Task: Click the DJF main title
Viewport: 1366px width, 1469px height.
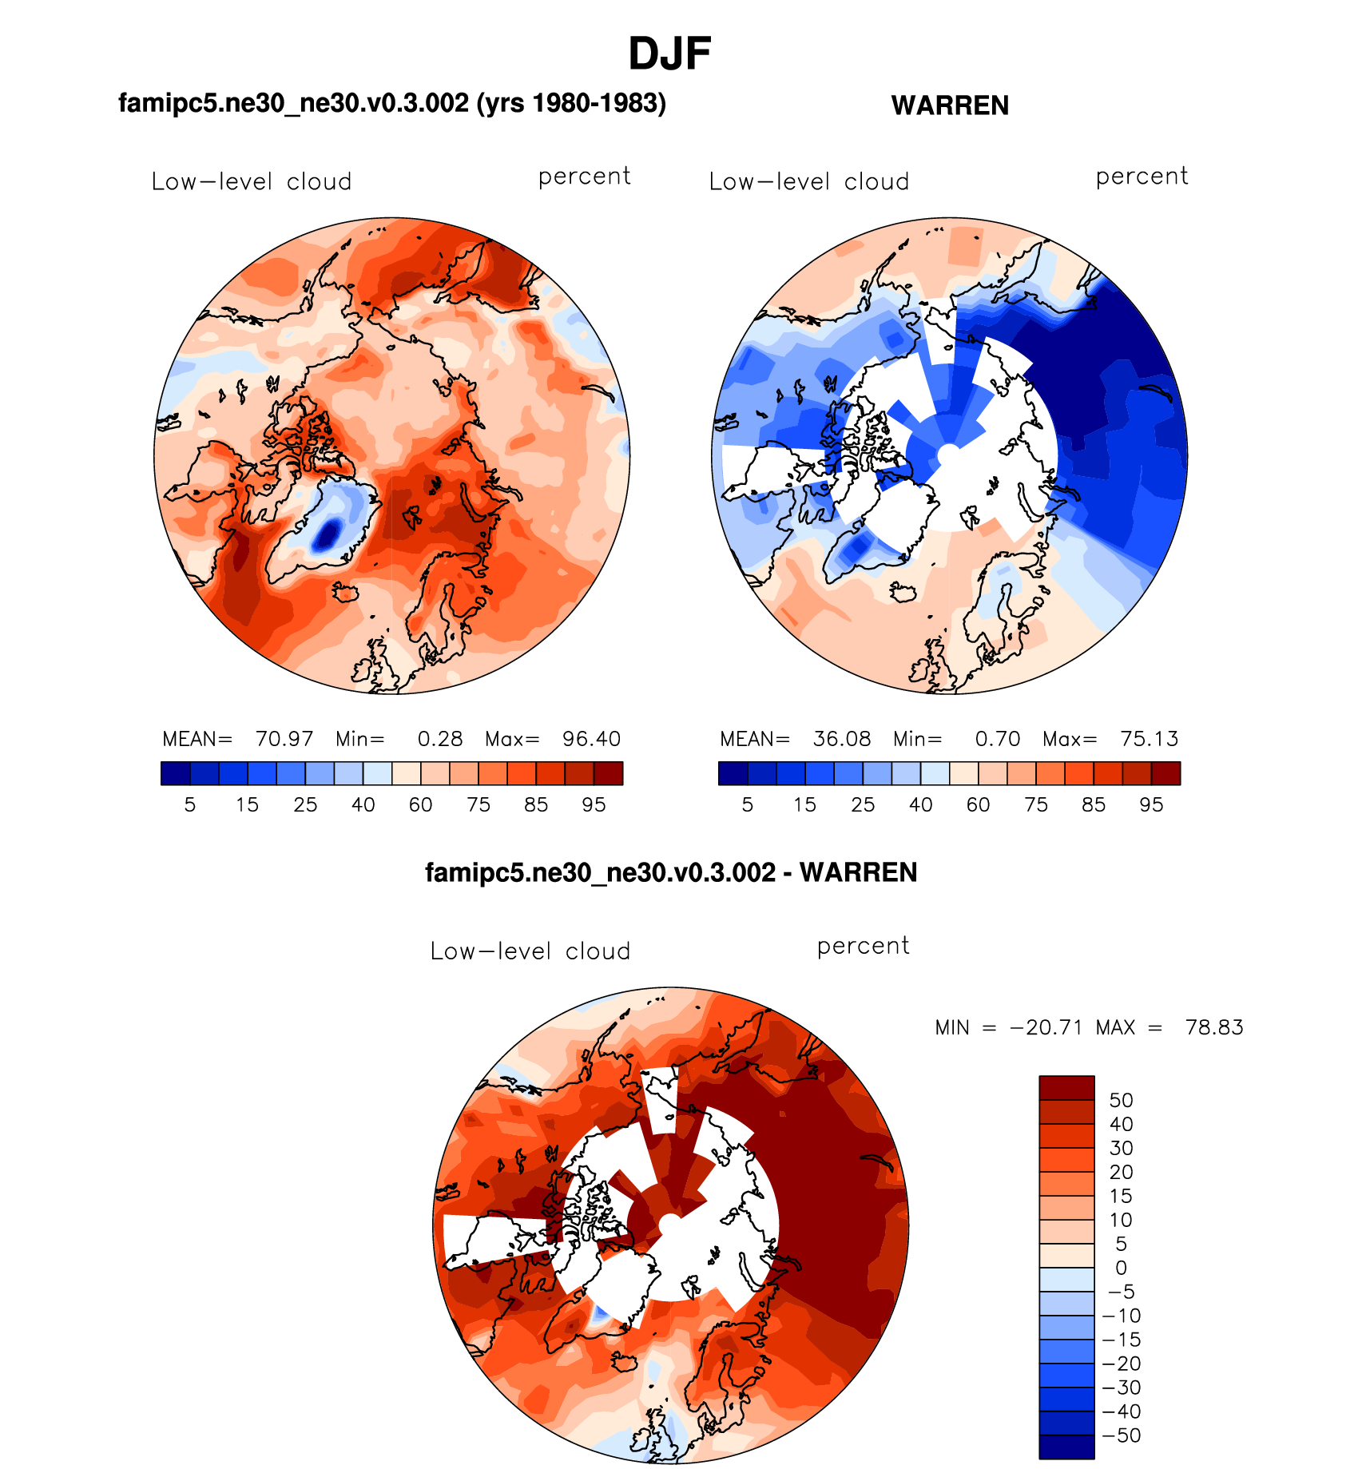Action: click(x=669, y=54)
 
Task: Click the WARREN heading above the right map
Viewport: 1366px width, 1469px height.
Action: click(x=950, y=105)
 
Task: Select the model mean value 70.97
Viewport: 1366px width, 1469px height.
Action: click(x=284, y=739)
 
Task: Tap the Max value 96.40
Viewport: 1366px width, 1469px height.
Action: click(x=591, y=739)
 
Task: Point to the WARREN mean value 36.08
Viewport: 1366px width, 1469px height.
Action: click(x=842, y=739)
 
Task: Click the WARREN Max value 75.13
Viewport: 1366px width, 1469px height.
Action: click(x=1149, y=739)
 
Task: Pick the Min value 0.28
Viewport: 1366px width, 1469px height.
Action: click(x=440, y=739)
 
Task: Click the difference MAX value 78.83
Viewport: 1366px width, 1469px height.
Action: click(x=1214, y=1027)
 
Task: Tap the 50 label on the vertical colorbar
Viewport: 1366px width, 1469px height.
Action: click(x=1121, y=1100)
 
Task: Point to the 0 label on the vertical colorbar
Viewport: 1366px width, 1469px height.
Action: click(x=1121, y=1268)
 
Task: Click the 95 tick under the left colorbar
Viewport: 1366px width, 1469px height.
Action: click(x=594, y=805)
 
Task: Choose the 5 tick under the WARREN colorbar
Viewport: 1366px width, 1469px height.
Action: click(x=747, y=805)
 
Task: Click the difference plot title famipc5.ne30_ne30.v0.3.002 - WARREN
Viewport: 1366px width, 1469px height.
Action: click(x=671, y=872)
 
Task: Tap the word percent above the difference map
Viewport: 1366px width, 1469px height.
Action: click(x=863, y=946)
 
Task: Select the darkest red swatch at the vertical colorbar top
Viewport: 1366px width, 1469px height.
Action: click(x=1066, y=1088)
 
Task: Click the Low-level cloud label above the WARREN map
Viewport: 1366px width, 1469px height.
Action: click(x=809, y=182)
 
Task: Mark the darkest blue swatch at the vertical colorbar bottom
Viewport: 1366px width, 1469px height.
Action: click(x=1066, y=1447)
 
